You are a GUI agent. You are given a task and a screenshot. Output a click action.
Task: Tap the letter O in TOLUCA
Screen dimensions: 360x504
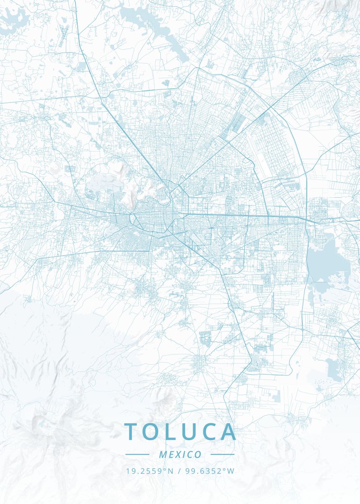point(152,432)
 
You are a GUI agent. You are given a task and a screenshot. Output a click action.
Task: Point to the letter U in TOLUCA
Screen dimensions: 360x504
point(189,432)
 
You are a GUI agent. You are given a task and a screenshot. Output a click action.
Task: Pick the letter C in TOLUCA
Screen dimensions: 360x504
point(209,432)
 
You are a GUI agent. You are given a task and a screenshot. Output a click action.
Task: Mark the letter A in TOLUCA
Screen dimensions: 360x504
point(228,432)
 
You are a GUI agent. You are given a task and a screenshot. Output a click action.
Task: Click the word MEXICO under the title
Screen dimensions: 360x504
point(180,454)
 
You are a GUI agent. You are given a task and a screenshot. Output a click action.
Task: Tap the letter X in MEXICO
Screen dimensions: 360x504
point(179,454)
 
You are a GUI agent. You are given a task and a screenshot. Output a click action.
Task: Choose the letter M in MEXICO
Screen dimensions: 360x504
point(163,454)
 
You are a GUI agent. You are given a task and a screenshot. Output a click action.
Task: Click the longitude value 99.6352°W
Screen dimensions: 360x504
point(209,471)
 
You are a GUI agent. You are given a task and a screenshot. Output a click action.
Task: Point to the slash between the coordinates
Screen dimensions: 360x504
point(179,471)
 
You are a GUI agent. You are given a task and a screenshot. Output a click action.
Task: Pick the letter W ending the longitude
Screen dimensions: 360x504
point(231,471)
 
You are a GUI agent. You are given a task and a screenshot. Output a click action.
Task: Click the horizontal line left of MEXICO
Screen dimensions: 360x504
point(137,454)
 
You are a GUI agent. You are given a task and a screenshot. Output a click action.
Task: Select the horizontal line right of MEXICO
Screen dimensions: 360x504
point(222,454)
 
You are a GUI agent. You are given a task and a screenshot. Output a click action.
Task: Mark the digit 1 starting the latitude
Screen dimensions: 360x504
point(128,471)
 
